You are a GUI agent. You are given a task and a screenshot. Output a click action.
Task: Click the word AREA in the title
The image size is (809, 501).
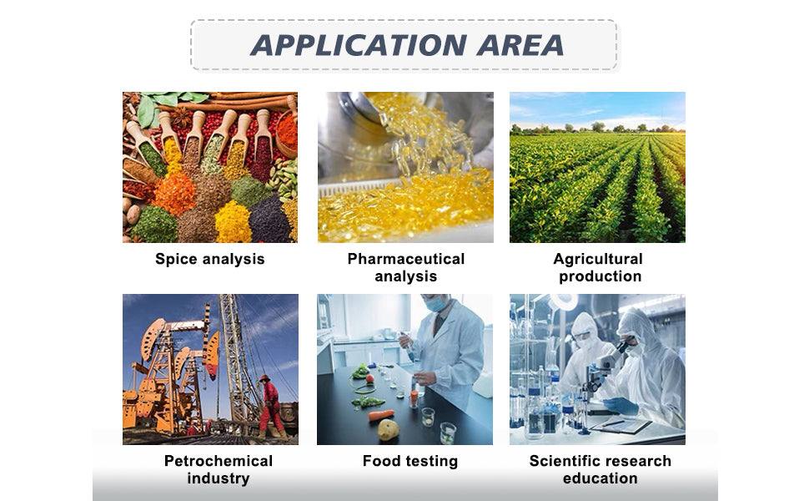[x=520, y=45]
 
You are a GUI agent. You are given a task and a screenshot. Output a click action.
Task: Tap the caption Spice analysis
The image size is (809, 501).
[x=210, y=259]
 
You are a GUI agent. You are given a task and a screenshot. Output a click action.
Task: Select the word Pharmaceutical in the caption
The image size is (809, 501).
[x=406, y=258]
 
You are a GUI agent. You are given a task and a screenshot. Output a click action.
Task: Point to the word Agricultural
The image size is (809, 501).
[x=598, y=258]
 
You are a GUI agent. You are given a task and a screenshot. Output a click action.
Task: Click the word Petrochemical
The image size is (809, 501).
[x=219, y=460]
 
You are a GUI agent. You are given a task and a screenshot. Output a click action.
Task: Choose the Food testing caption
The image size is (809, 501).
[x=410, y=461]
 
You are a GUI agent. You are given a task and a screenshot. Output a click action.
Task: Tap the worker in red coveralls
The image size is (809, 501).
[x=270, y=407]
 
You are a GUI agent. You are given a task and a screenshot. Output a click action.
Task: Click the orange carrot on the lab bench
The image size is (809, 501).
[x=380, y=415]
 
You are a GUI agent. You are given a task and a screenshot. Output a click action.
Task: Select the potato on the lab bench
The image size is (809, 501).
[x=388, y=429]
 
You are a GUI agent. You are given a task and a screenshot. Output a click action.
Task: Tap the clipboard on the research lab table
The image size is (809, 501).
[x=621, y=425]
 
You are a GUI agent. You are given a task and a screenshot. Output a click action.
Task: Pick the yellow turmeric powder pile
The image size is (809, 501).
[x=233, y=222]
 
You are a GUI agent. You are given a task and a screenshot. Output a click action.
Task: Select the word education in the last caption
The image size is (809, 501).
[x=600, y=478]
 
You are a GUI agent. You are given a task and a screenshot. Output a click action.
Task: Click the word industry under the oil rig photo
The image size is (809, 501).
[x=219, y=478]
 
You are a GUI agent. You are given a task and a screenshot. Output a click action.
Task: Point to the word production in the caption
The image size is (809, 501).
[x=600, y=276]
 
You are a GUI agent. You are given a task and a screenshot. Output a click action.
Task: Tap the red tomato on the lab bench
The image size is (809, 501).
[x=370, y=378]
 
